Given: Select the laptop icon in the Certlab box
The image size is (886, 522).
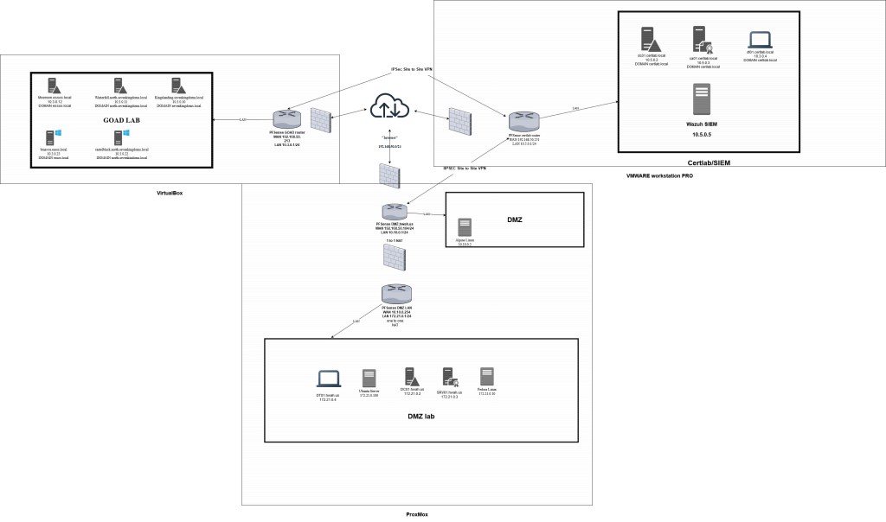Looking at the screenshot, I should tap(761, 40).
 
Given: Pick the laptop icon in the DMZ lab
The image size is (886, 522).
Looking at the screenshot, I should tap(328, 378).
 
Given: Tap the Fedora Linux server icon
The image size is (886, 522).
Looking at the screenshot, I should tap(487, 377).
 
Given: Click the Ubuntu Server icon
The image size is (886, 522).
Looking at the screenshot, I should tap(369, 378).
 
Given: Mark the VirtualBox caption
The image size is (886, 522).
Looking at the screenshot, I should tap(170, 193).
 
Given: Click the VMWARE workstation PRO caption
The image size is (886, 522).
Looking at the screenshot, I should tap(660, 175).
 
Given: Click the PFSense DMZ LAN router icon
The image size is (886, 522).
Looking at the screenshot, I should tap(395, 293).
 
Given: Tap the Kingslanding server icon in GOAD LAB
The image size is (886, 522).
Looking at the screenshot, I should tap(177, 86).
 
